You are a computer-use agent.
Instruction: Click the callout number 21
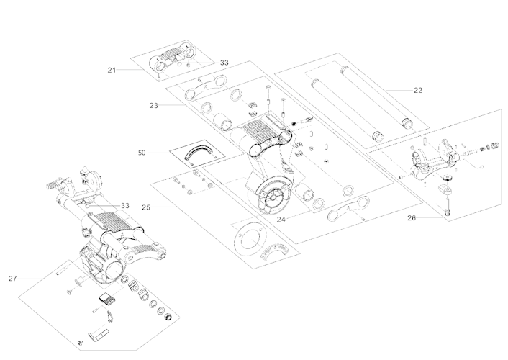112,70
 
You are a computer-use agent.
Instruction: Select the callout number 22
418,90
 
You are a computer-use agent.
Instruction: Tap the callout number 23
153,106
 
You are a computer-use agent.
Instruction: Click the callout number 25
145,207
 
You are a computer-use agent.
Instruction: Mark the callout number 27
12,277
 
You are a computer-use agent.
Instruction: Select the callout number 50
142,152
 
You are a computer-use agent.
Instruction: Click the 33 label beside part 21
224,63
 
